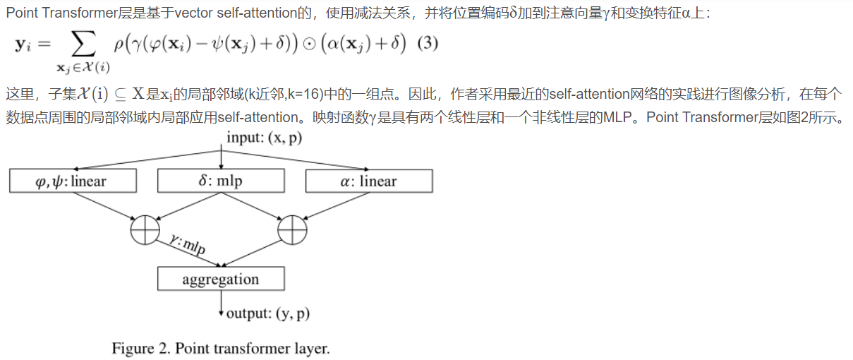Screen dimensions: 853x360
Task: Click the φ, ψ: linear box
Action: pyautogui.click(x=73, y=181)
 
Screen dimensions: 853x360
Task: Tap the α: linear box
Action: pyautogui.click(x=369, y=181)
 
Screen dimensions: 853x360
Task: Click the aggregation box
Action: pyautogui.click(x=221, y=279)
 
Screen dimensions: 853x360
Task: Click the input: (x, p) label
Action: pyautogui.click(x=264, y=138)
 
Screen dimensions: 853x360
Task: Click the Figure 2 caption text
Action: pyautogui.click(x=221, y=349)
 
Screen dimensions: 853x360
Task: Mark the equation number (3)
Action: pyautogui.click(x=428, y=44)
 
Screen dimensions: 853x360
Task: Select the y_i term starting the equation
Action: pyautogui.click(x=25, y=45)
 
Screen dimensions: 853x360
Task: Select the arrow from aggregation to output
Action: pyautogui.click(x=221, y=301)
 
